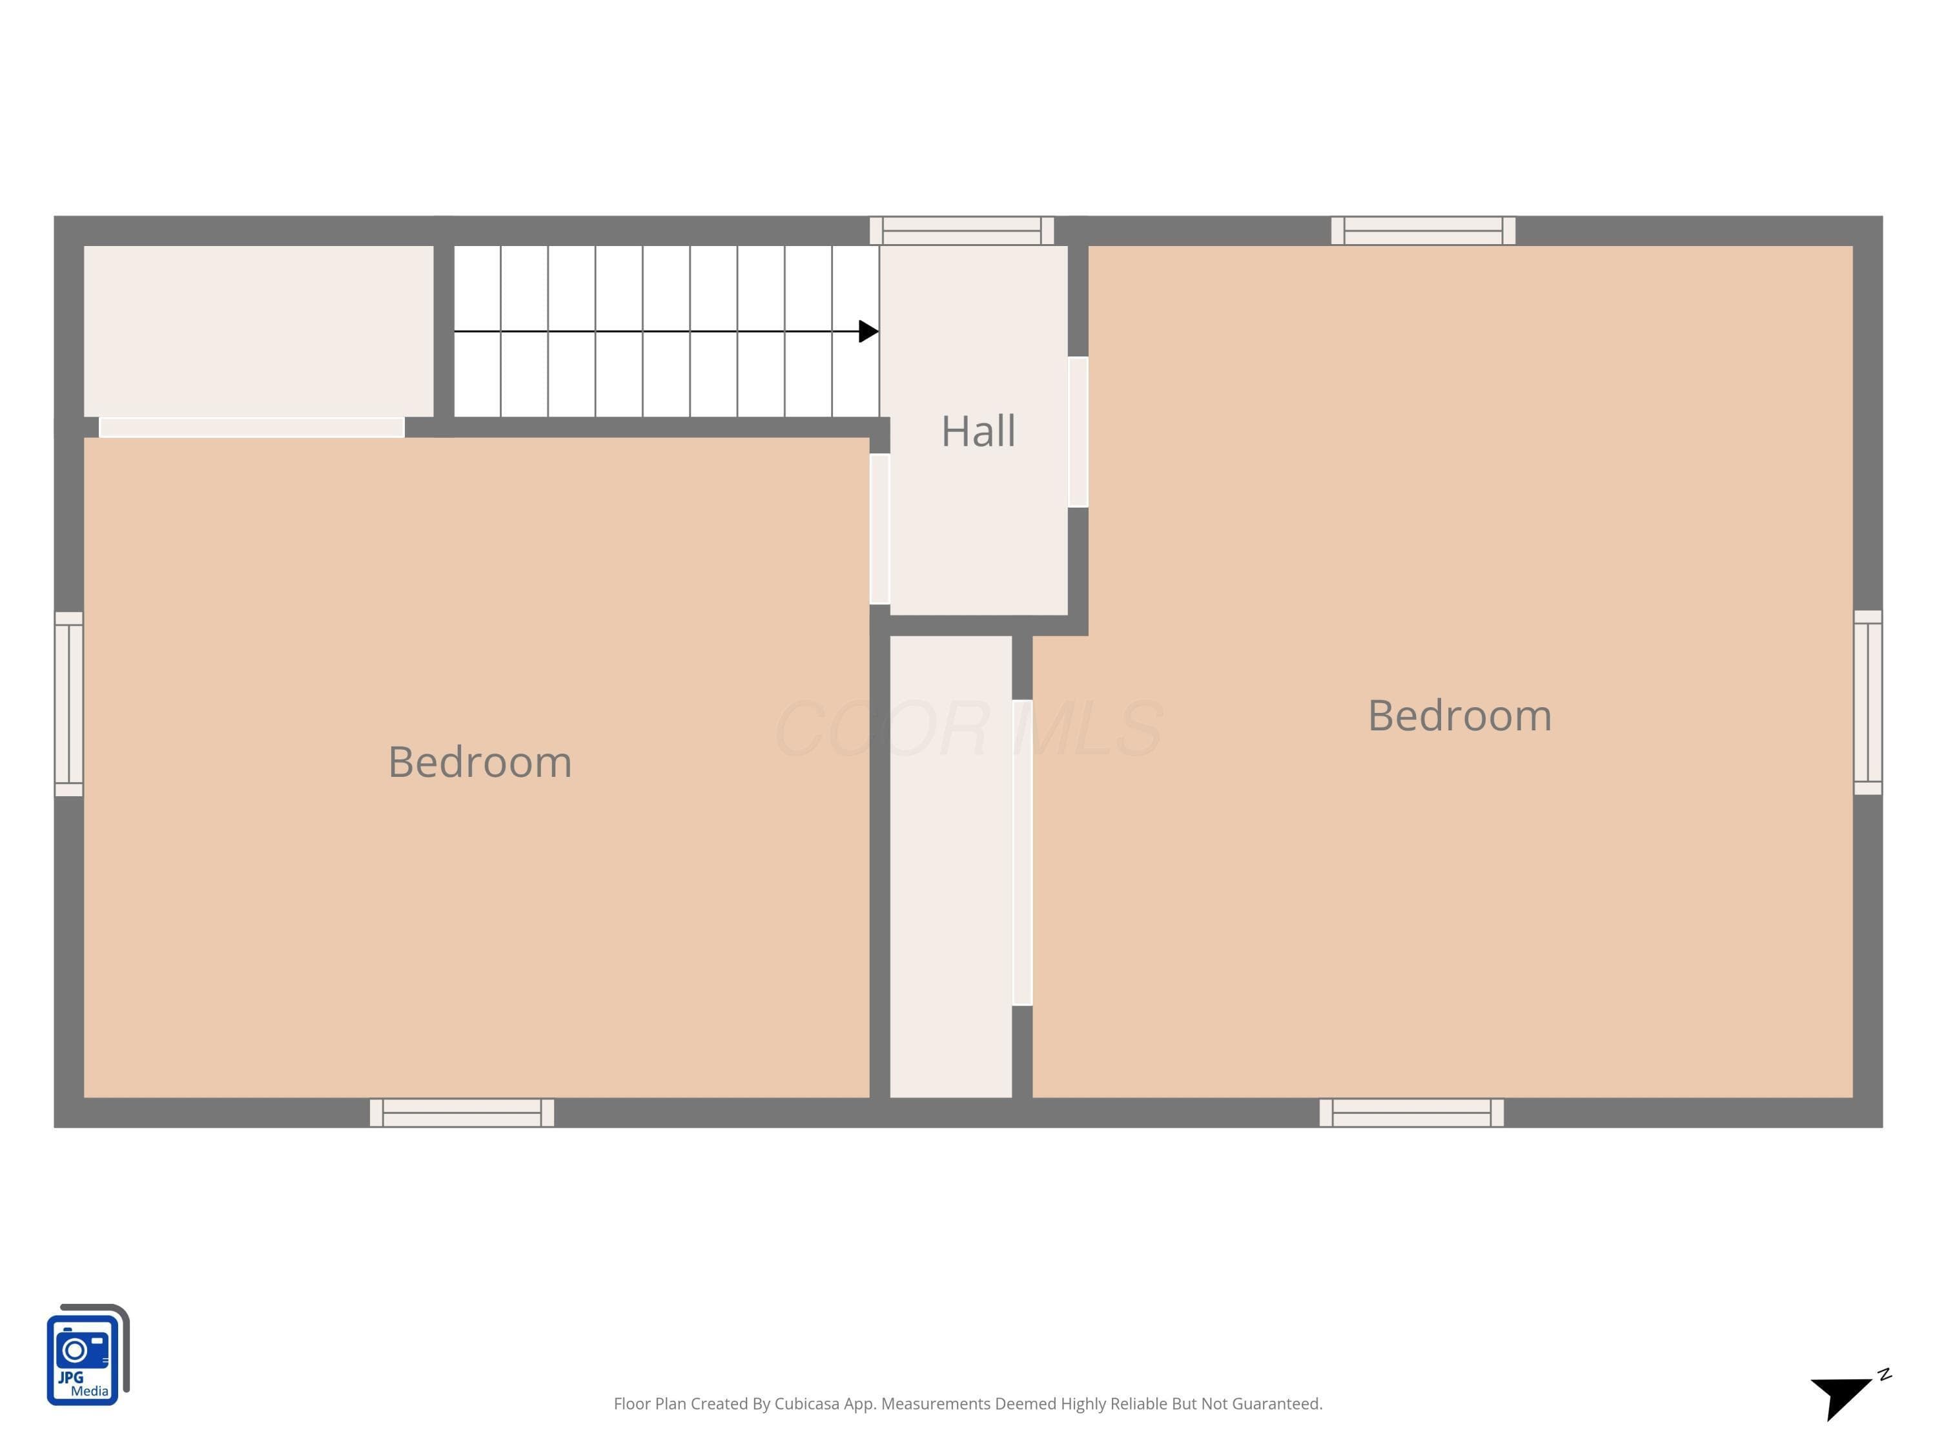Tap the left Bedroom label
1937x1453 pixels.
coord(480,761)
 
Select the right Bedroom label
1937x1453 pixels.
coord(1460,715)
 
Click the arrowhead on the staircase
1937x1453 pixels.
coord(868,331)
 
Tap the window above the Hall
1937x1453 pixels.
coord(961,231)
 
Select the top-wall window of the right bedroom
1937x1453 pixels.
coord(1423,231)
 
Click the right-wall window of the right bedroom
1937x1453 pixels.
coord(1868,703)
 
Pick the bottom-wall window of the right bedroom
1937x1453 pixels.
coord(1411,1112)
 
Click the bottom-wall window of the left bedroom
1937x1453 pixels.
coord(462,1112)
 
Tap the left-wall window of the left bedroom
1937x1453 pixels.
coord(69,704)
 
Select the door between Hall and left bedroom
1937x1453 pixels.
coord(880,529)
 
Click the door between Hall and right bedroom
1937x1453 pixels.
coord(1078,432)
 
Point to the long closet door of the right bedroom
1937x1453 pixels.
coord(1022,852)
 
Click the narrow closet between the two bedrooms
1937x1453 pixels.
coord(951,866)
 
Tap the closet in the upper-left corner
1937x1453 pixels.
coord(258,331)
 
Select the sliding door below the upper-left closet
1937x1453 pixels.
coord(251,428)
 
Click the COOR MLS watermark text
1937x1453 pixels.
coord(969,728)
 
